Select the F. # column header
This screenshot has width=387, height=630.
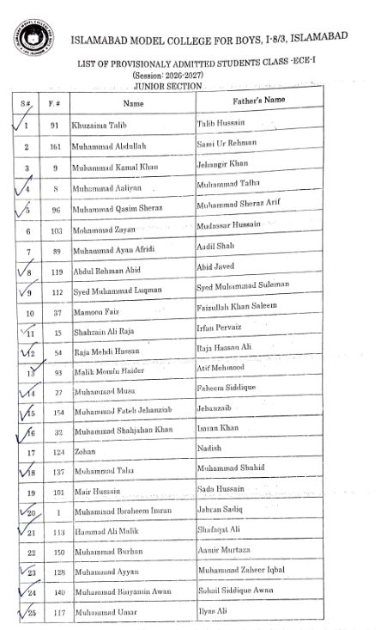(55, 104)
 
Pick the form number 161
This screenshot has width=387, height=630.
(55, 147)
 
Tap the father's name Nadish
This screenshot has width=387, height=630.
(209, 448)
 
